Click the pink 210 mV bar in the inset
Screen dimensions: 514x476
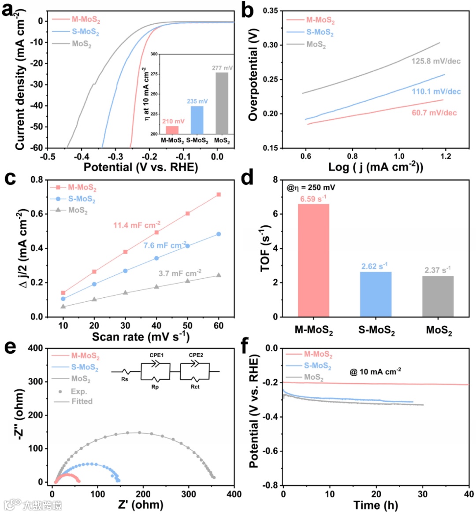172,130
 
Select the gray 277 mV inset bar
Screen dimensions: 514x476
222,103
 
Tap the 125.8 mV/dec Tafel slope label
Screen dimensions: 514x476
436,61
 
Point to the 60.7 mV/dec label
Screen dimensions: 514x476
434,113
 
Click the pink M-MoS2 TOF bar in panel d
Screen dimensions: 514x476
313,260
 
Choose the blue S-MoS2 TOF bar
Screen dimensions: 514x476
376,294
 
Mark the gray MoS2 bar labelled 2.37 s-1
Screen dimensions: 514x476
438,296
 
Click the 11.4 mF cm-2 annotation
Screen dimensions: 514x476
137,225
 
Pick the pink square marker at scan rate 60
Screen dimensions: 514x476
219,194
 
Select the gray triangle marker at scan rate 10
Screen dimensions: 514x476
63,306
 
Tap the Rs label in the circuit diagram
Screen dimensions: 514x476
125,379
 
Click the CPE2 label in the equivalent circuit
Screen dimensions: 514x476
196,355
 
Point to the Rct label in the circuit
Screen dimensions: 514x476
195,387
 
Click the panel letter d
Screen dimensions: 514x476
247,178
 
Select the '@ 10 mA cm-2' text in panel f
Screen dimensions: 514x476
375,372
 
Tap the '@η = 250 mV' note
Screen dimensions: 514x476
311,188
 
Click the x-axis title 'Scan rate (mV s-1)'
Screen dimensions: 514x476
141,337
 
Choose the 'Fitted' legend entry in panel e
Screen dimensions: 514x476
82,401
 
